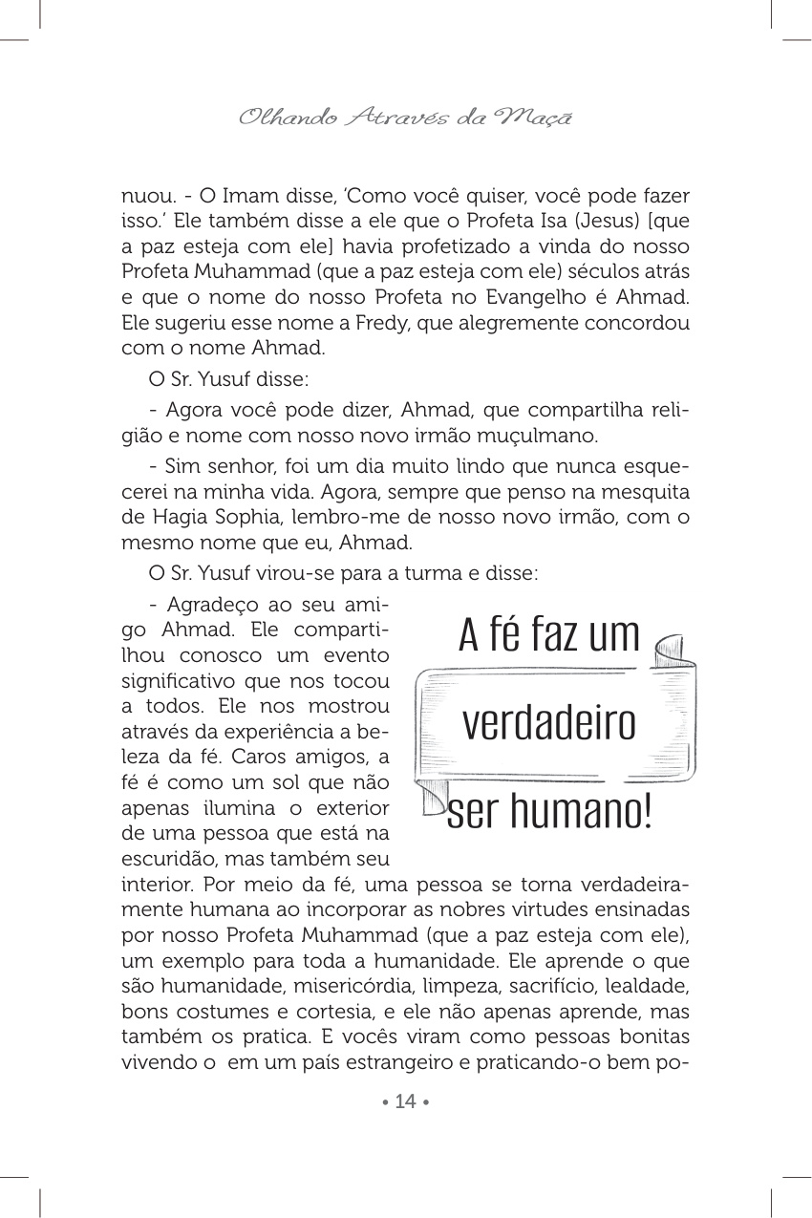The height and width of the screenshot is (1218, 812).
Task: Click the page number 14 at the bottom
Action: (x=406, y=1101)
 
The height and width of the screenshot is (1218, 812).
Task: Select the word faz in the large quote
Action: (x=550, y=635)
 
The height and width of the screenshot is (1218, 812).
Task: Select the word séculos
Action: (x=609, y=271)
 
